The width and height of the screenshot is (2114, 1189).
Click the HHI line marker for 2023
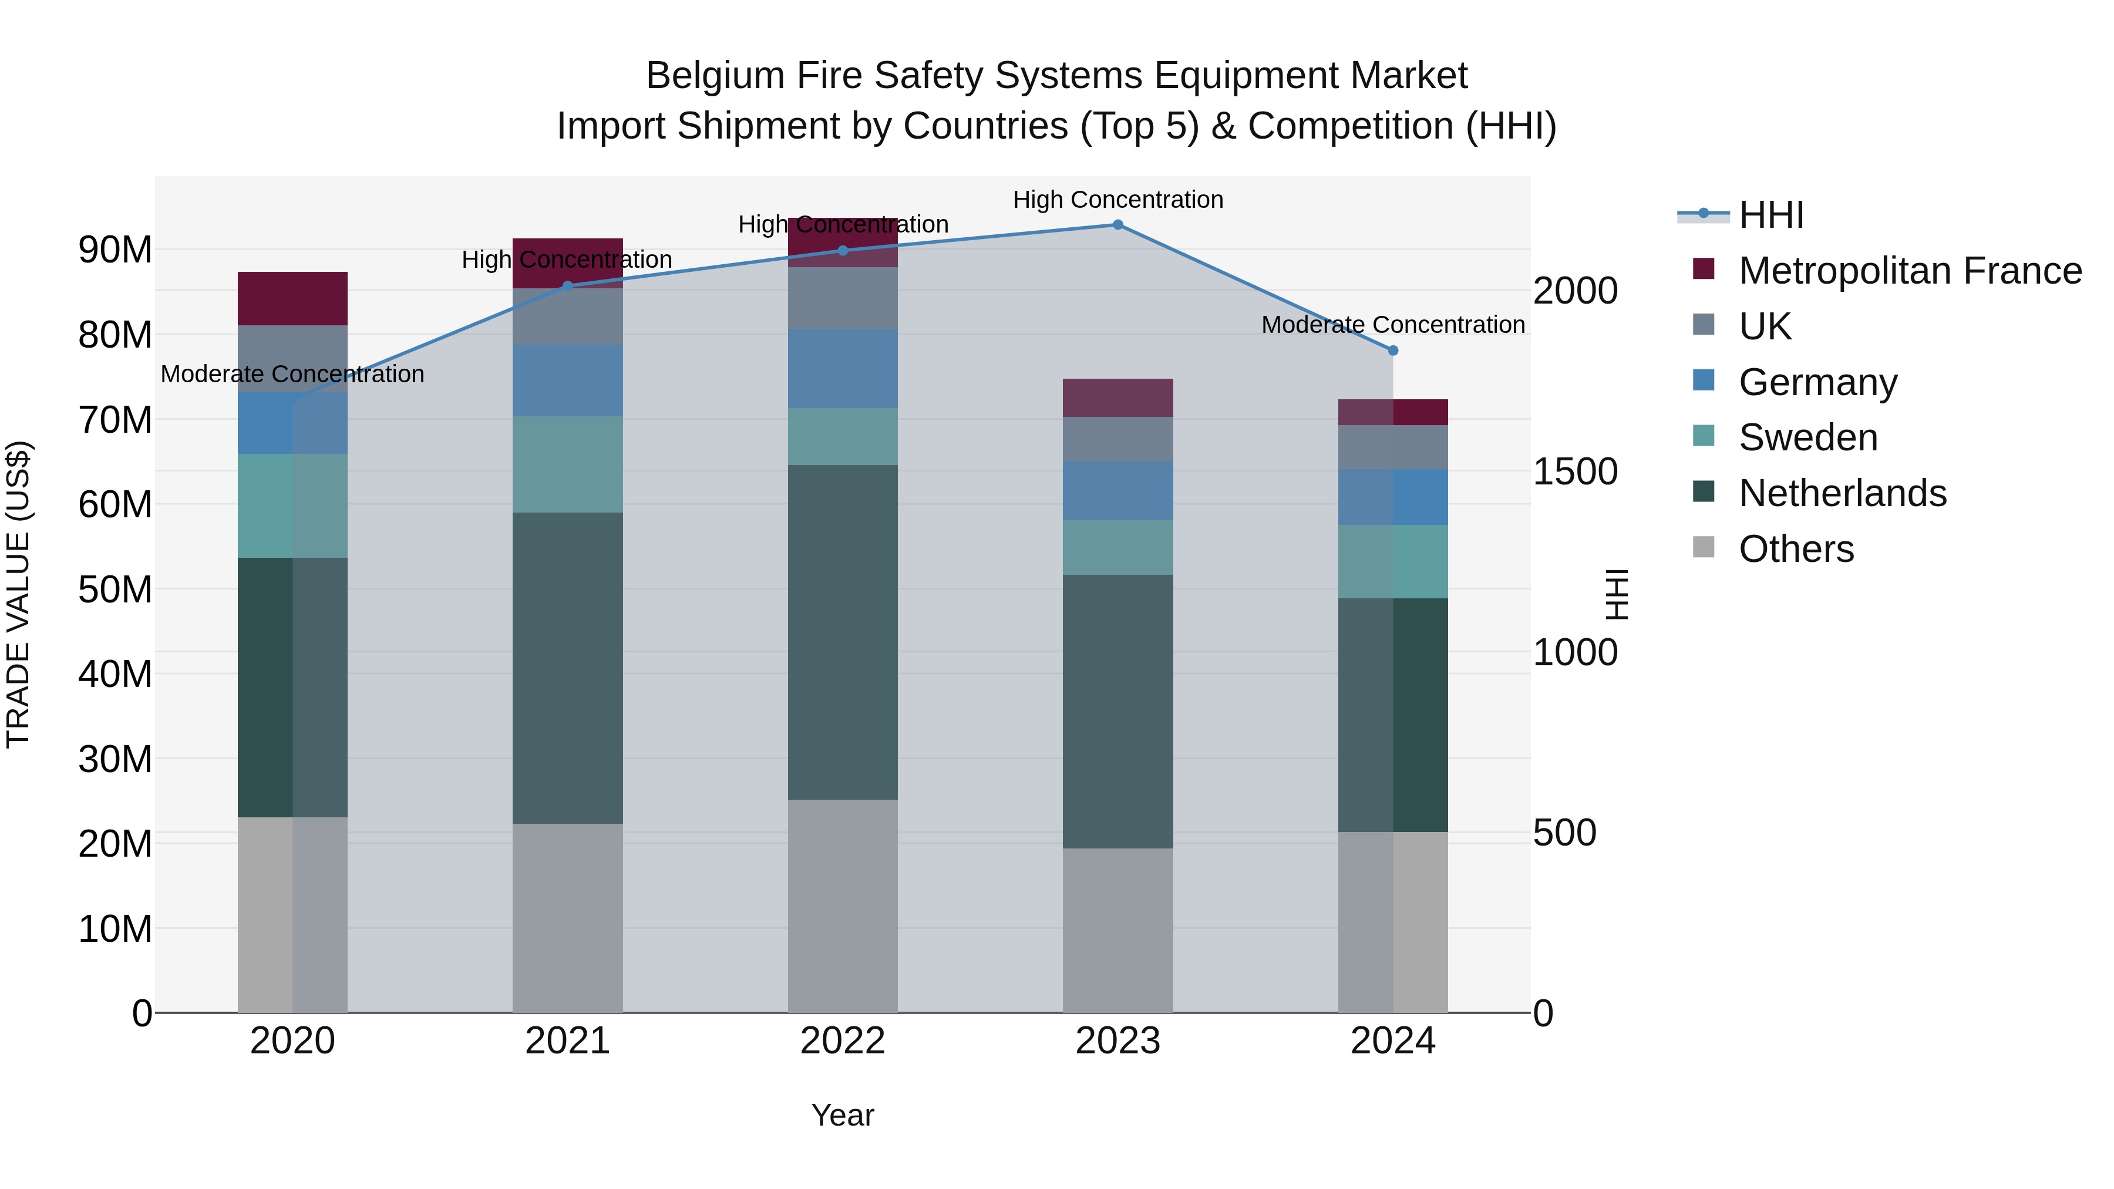1117,224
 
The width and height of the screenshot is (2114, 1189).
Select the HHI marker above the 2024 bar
1393,351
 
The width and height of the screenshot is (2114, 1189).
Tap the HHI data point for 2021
567,285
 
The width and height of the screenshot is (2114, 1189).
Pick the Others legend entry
1796,549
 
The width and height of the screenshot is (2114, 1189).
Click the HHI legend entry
1771,215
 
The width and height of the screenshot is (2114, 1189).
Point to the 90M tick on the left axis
115,250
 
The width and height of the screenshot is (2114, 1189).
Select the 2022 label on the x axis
842,1041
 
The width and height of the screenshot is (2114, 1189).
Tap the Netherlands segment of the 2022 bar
842,632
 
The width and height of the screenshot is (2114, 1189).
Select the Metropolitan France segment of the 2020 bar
292,299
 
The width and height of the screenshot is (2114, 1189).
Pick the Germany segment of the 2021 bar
567,380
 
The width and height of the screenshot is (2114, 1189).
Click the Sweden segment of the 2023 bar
1117,547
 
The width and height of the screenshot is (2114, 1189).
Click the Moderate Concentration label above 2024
1393,325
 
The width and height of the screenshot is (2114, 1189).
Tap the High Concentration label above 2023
1117,200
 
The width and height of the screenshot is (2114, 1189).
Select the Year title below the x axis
842,1115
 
